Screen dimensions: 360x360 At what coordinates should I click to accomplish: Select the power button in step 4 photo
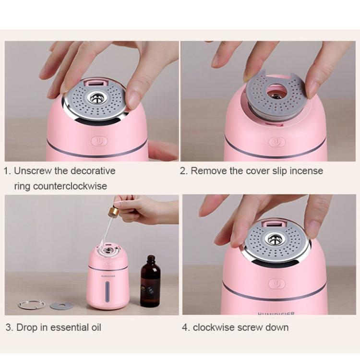click(x=276, y=284)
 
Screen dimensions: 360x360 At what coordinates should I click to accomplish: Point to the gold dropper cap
click(x=114, y=212)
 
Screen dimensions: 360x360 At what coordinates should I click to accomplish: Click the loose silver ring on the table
click(x=32, y=304)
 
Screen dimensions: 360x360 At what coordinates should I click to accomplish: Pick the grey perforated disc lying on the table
click(x=61, y=306)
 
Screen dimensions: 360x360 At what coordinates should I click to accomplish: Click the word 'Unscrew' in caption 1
click(x=32, y=171)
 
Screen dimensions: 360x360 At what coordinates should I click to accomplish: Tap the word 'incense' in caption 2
click(x=307, y=171)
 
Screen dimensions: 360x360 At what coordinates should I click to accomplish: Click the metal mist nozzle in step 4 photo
click(x=275, y=240)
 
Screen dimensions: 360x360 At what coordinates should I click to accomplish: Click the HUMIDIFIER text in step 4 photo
click(x=276, y=313)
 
